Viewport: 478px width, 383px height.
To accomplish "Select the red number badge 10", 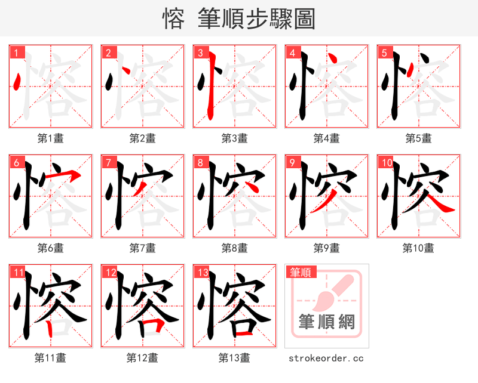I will click(385, 162).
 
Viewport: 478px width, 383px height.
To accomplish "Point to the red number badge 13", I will click(202, 273).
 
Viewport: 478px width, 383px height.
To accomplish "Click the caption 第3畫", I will click(234, 138).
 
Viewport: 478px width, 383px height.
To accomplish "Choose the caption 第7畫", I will click(142, 248).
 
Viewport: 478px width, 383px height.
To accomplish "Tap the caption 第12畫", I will click(142, 358).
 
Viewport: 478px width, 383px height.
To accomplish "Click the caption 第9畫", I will click(326, 248).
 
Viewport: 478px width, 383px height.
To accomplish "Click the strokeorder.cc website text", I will click(326, 359).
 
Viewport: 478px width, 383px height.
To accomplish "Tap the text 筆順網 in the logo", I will click(327, 322).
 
